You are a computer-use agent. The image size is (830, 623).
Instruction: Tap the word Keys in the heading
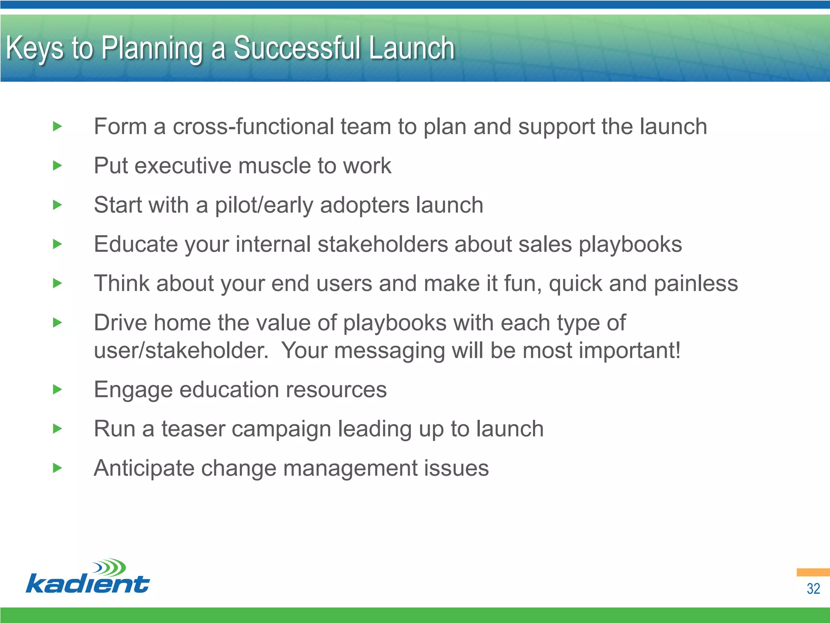pos(35,49)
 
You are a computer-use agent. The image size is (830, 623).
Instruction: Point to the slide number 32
pos(813,589)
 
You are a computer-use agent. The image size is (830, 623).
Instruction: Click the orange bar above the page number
pos(813,572)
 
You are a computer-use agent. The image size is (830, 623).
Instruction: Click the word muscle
pos(275,165)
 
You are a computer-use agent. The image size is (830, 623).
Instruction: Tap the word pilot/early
pos(264,205)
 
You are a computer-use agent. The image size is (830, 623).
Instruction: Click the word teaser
pos(193,429)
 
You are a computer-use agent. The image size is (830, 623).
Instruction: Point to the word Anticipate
pos(144,468)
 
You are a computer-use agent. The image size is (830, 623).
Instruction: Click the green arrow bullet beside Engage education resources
pos(58,390)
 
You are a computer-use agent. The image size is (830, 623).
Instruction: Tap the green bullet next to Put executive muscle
pos(58,165)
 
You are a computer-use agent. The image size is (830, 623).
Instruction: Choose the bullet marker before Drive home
pos(58,323)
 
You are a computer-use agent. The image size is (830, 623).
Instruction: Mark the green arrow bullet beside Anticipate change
pos(58,468)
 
